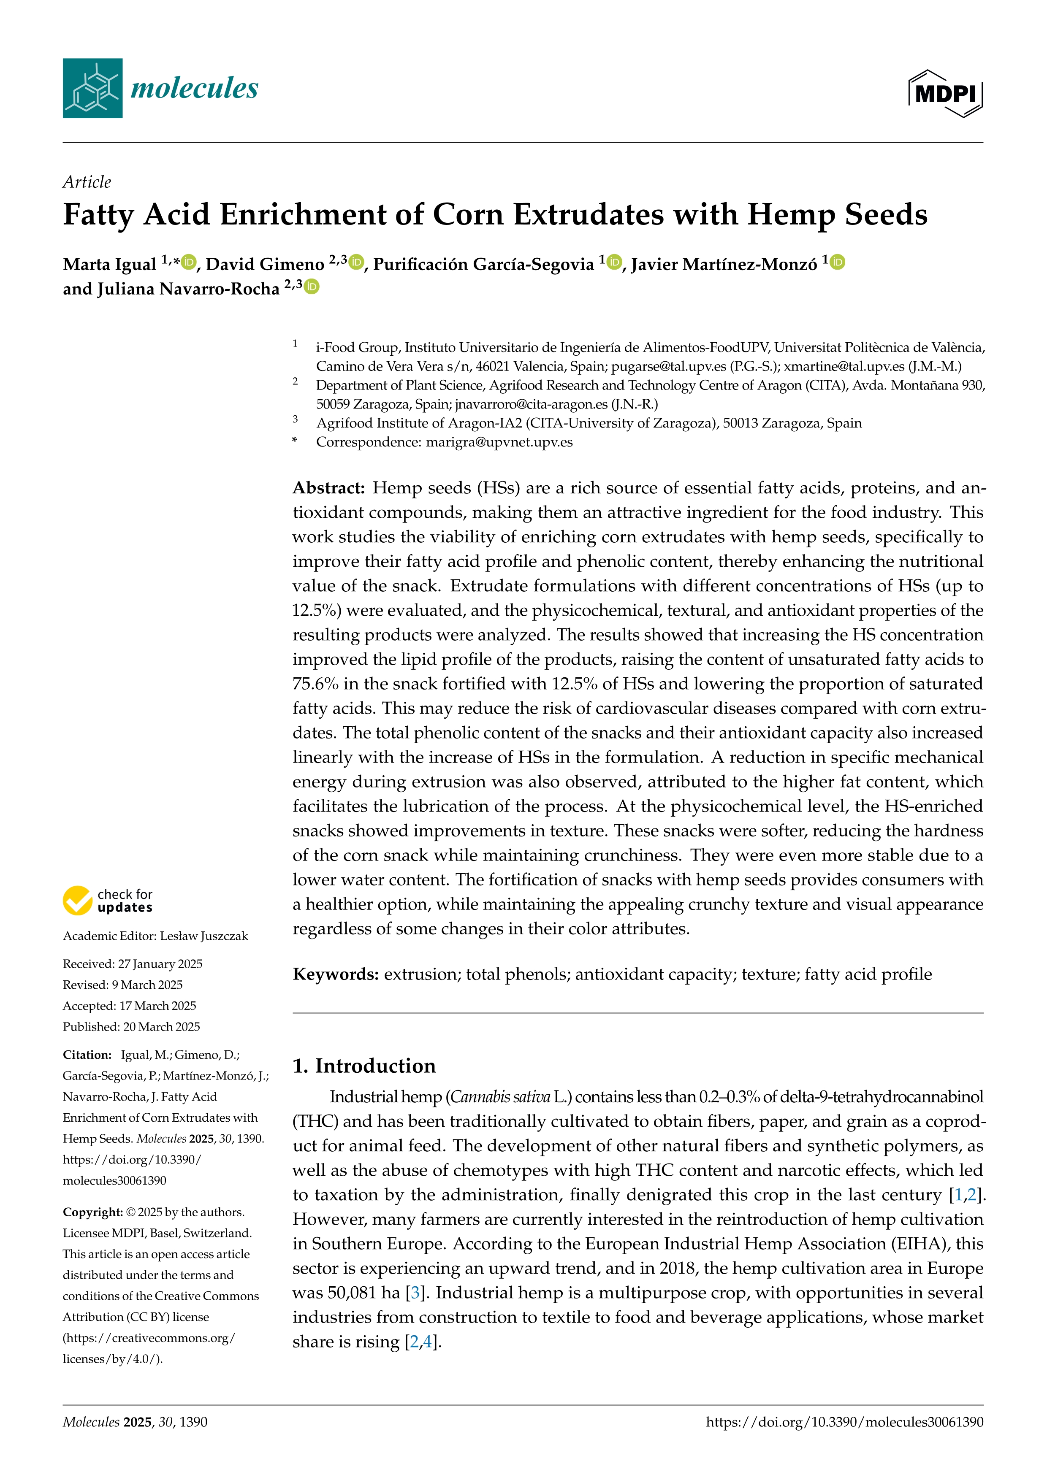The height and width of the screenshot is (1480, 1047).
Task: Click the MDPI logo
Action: tap(945, 93)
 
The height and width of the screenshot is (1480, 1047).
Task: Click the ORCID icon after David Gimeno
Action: tap(356, 262)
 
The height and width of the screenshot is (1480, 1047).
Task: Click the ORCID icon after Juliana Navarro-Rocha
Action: tap(312, 286)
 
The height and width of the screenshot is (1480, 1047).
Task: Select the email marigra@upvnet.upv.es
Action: tap(499, 442)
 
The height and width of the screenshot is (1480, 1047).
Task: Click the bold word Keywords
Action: tap(335, 974)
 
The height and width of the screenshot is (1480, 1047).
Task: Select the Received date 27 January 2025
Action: tap(160, 964)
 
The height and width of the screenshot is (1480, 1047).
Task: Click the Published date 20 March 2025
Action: tap(161, 1027)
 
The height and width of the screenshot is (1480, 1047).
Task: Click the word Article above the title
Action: tap(87, 182)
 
